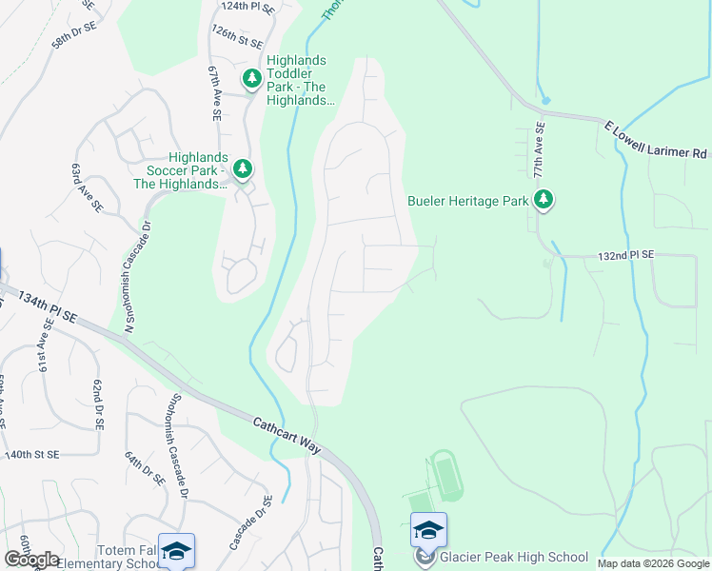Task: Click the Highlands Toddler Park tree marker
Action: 252,79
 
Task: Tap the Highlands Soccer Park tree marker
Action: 243,169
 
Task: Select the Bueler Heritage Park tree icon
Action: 544,200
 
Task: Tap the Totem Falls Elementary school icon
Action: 176,552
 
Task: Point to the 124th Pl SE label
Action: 247,6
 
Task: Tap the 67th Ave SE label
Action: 215,92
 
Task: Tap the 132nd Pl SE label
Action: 626,256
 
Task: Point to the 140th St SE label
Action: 31,456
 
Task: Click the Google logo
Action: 32,560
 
